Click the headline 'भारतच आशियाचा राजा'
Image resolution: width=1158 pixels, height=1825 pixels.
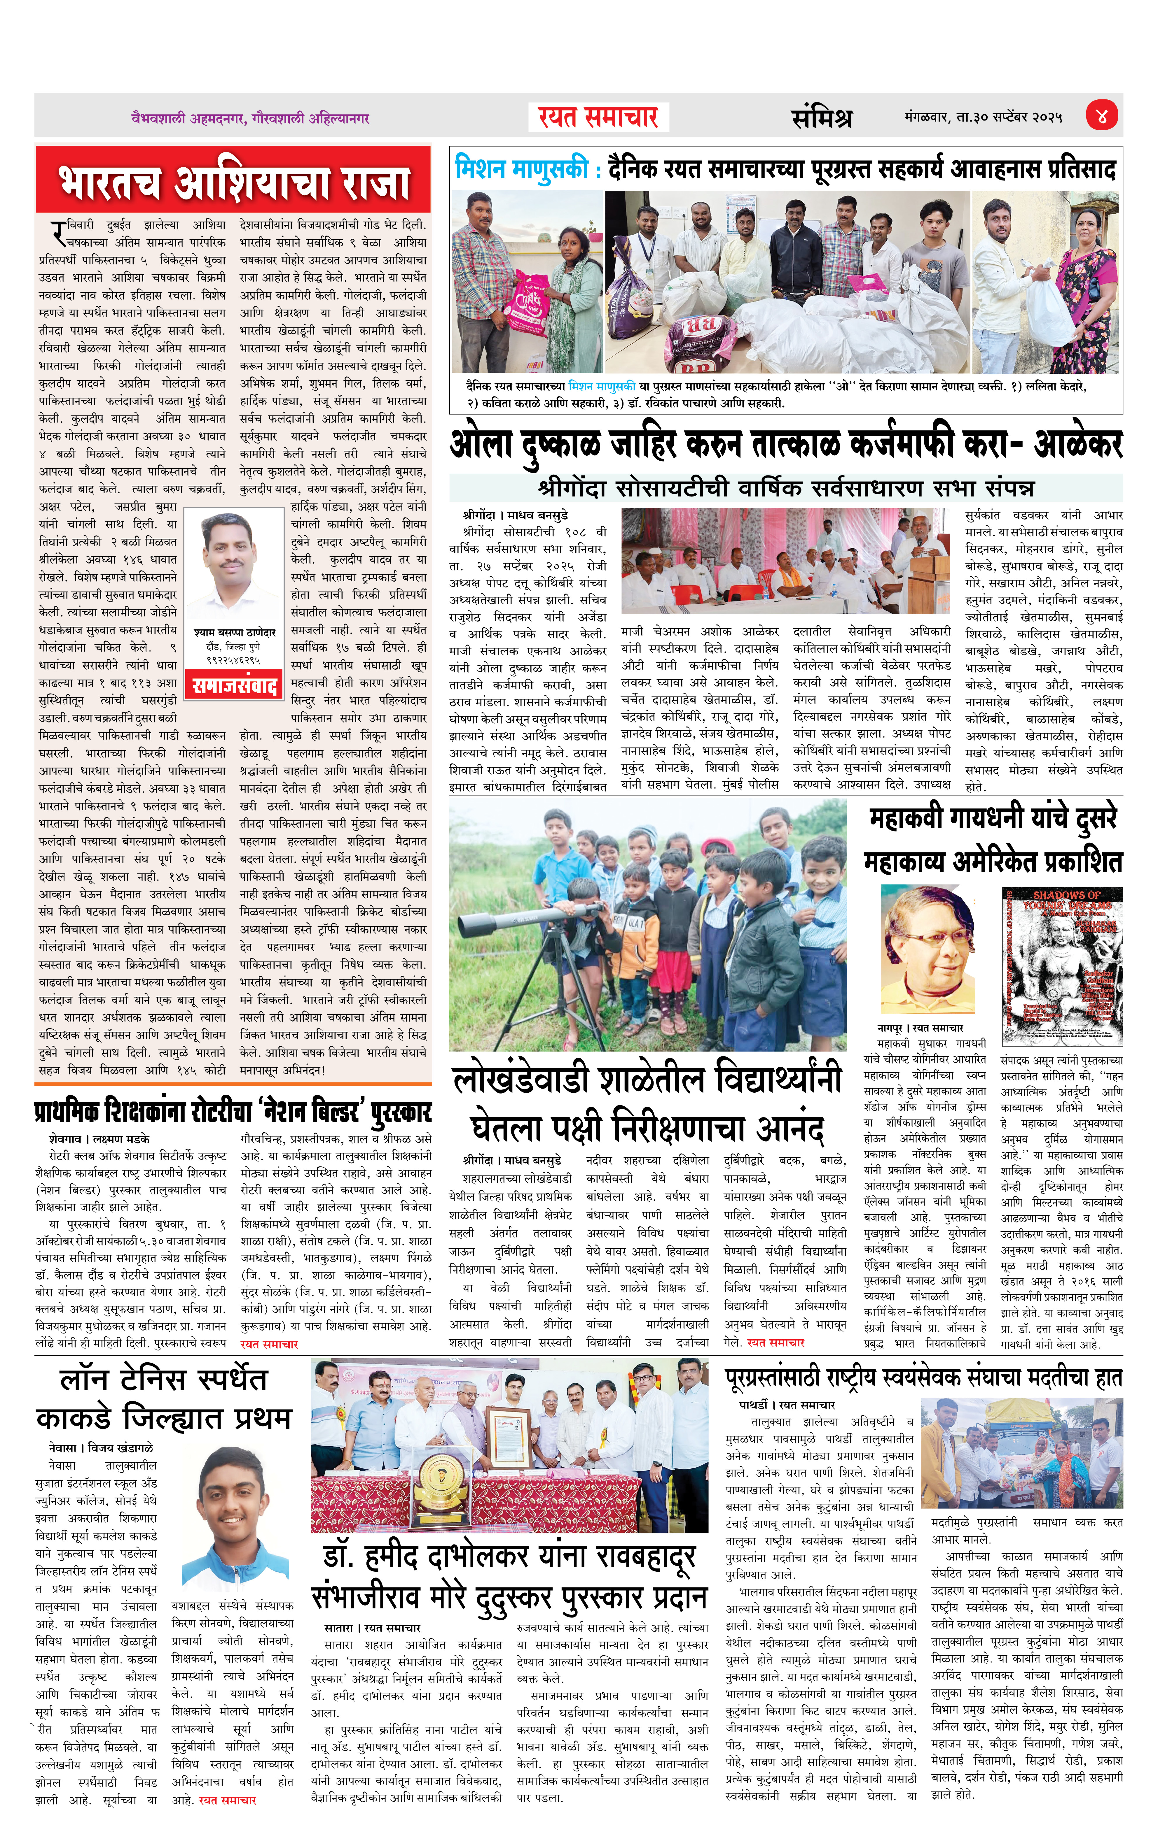click(234, 182)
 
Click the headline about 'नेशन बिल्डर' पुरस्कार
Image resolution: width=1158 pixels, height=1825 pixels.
click(234, 1112)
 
